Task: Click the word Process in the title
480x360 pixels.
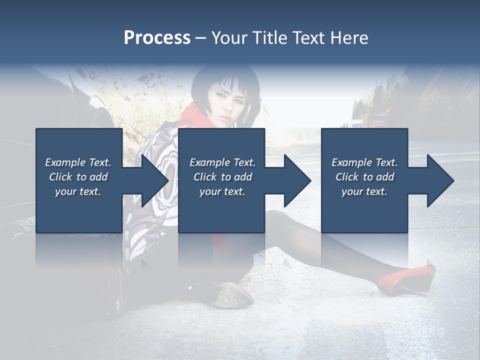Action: [x=157, y=38]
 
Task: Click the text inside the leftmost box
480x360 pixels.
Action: [x=78, y=177]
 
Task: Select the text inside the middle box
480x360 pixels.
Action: [x=222, y=177]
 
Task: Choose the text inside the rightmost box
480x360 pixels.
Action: [x=364, y=177]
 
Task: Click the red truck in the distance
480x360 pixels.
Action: [x=378, y=120]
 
